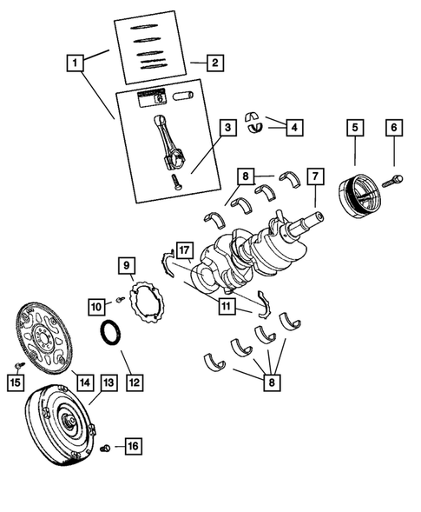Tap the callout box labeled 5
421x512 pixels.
(x=355, y=128)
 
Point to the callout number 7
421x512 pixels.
(x=316, y=176)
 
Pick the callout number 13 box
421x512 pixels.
(x=108, y=382)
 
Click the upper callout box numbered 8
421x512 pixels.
(x=245, y=177)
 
